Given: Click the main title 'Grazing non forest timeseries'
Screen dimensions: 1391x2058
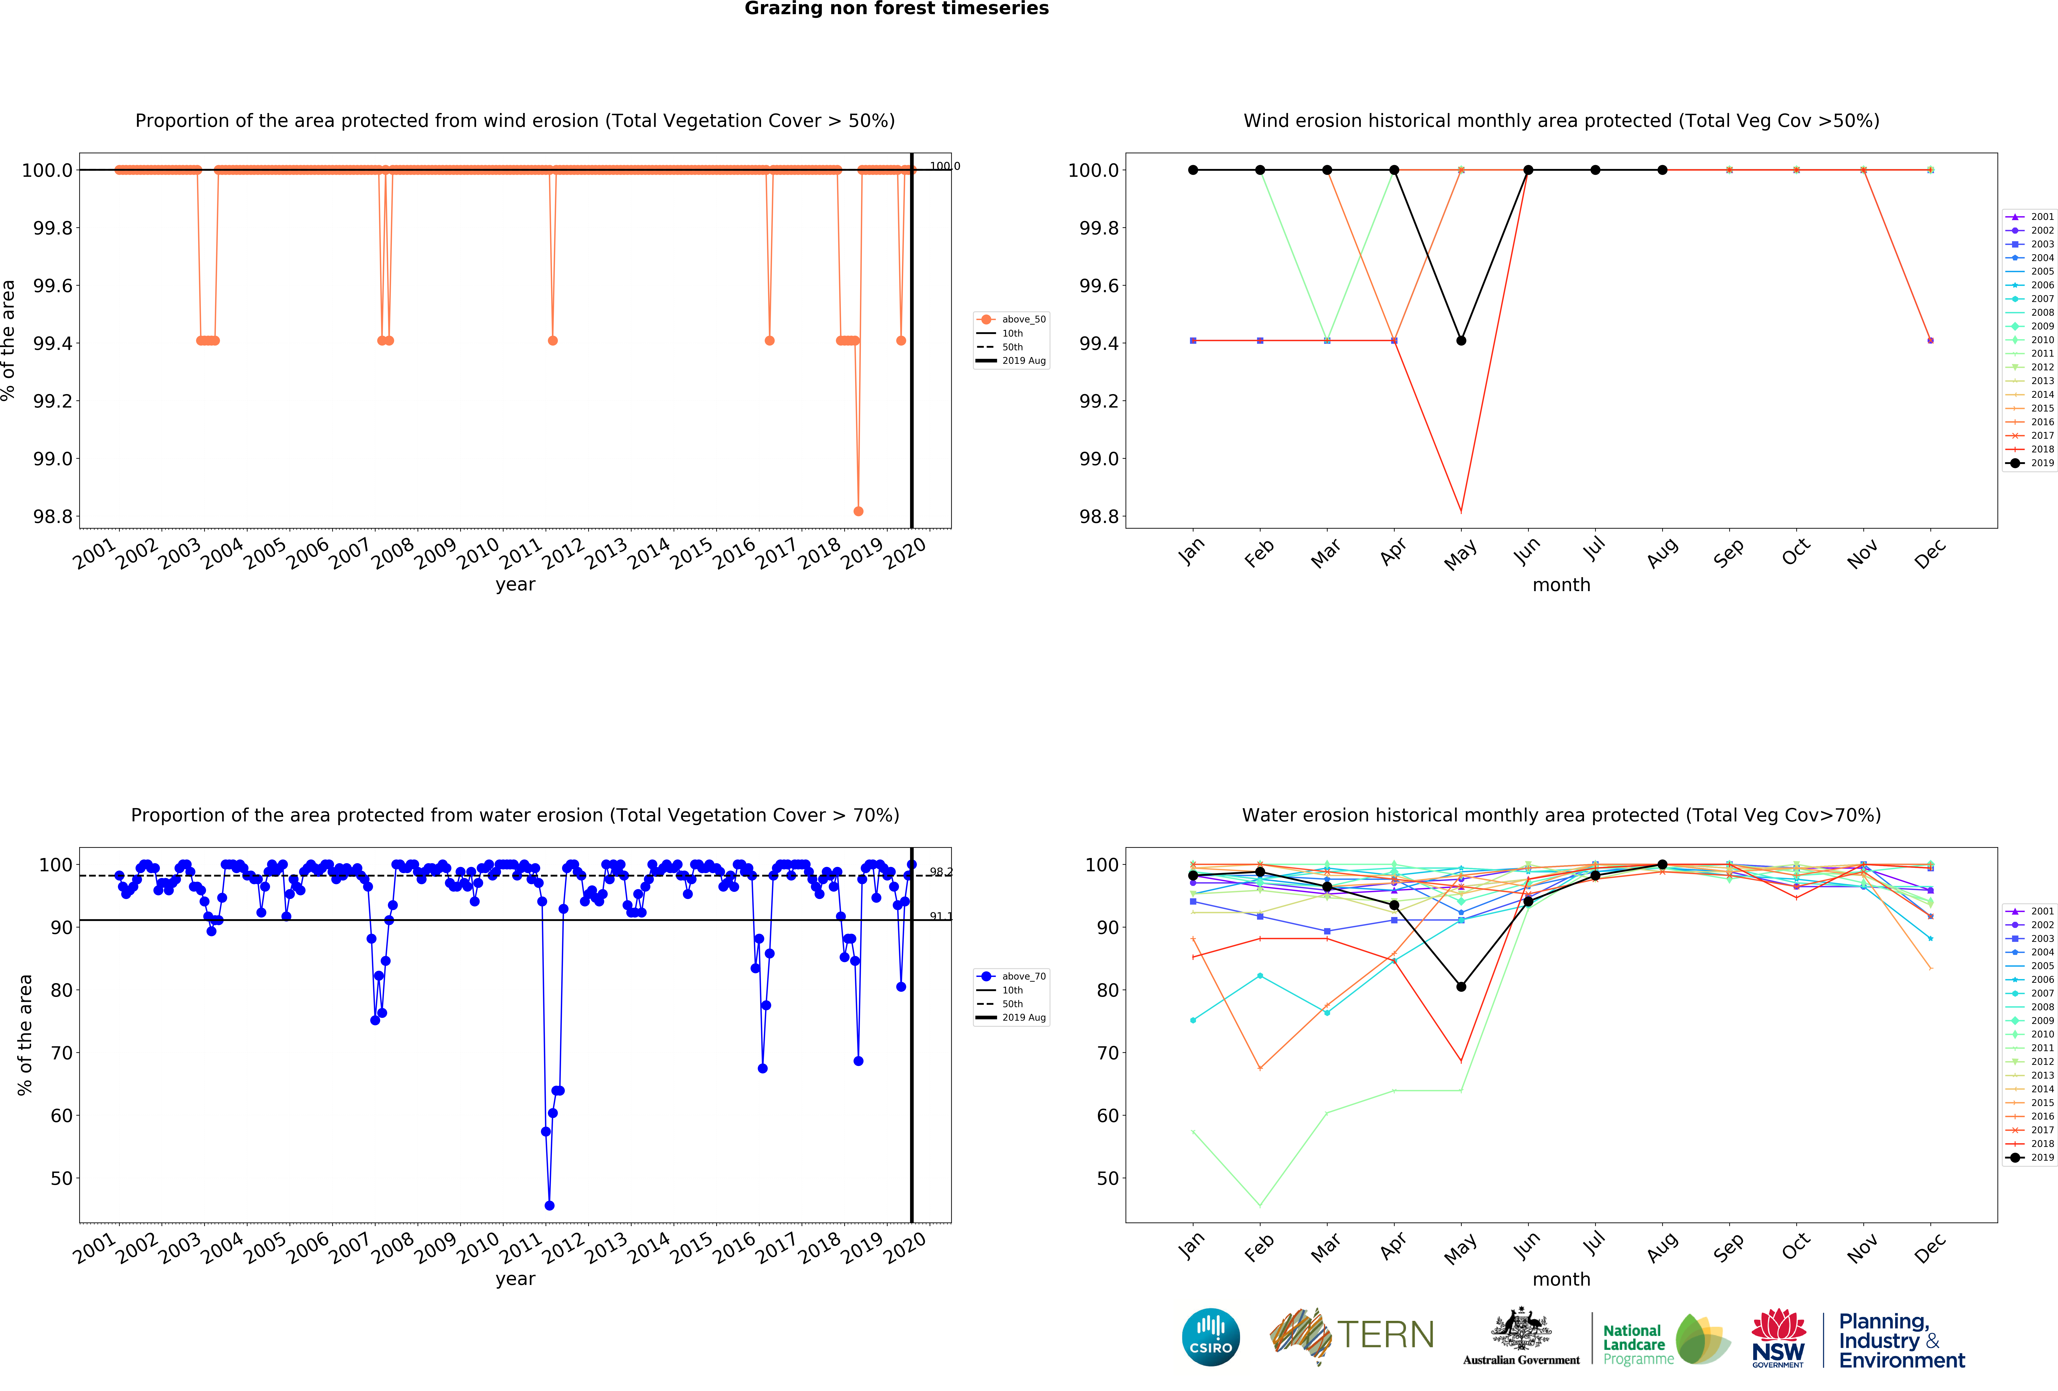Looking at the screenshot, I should pyautogui.click(x=896, y=9).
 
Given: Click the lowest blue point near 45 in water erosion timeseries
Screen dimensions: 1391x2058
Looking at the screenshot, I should pyautogui.click(x=549, y=1205).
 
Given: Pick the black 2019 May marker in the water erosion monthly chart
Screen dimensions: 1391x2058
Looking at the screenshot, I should pyautogui.click(x=1461, y=986).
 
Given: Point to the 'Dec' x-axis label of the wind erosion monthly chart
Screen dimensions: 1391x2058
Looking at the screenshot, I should pyautogui.click(x=1930, y=553).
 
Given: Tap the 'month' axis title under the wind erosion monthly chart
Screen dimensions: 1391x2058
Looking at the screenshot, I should pyautogui.click(x=1561, y=584).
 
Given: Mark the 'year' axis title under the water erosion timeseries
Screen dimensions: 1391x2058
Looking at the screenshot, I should pyautogui.click(x=515, y=1279).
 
